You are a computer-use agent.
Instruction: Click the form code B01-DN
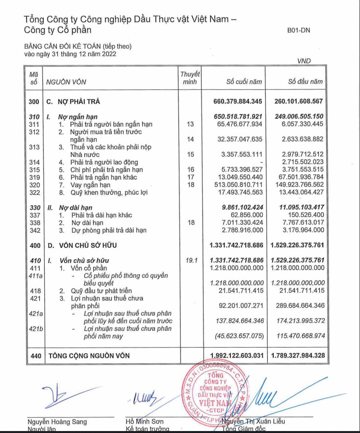click(299, 30)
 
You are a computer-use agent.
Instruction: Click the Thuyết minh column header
click(190, 78)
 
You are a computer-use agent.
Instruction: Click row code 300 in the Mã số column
click(34, 102)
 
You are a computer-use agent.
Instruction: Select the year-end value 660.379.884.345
click(236, 102)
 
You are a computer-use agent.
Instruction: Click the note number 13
click(191, 125)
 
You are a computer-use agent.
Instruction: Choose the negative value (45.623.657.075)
click(237, 336)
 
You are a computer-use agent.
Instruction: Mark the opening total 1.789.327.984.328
click(298, 355)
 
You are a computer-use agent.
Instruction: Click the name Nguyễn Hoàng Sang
click(57, 421)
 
